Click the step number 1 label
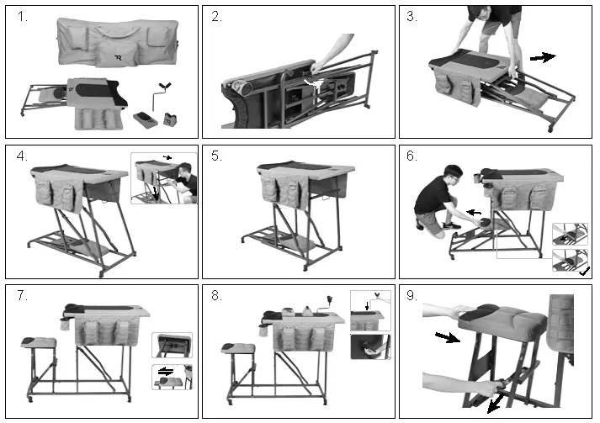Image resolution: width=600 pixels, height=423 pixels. point(22,17)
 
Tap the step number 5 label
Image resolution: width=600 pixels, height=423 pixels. point(217,156)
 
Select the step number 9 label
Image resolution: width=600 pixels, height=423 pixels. point(412,296)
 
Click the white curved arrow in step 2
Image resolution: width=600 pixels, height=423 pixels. point(312,81)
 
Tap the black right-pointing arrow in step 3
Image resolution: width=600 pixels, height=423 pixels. point(543,57)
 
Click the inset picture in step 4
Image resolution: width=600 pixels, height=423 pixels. point(163,178)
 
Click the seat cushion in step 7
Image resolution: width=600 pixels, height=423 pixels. point(39,341)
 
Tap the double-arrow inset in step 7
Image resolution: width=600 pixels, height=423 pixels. point(172,375)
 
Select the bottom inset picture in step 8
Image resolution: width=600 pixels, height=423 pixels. point(370,346)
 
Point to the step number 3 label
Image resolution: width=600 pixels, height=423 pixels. point(412,17)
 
